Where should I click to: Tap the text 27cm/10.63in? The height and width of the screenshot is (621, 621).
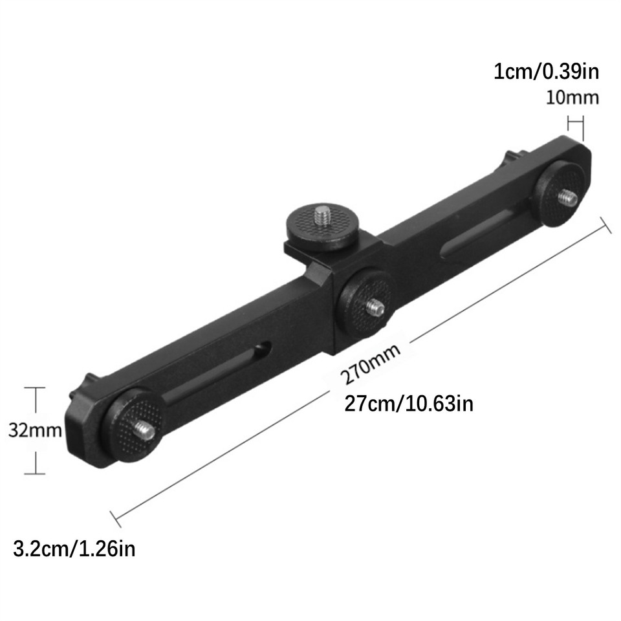tap(409, 404)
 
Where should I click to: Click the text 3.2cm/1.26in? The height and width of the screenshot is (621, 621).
tap(74, 550)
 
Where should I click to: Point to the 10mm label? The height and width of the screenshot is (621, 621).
tap(572, 98)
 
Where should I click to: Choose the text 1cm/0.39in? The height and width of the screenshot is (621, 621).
tap(546, 71)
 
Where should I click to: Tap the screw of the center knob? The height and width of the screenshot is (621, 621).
tap(373, 307)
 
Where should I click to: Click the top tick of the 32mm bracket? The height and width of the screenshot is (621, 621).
tap(35, 387)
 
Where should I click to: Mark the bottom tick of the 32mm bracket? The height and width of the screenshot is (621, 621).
tap(35, 474)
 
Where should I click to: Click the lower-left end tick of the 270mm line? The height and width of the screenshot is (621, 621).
tap(116, 517)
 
